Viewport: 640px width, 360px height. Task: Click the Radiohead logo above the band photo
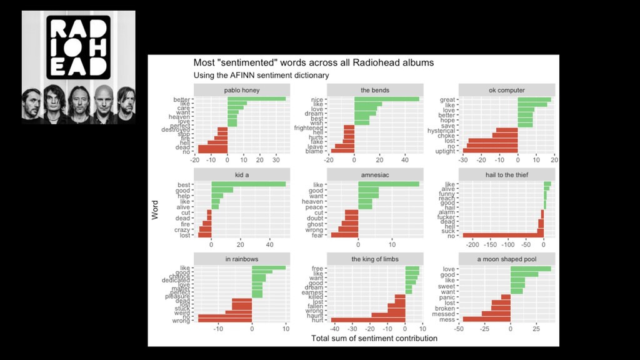[x=78, y=47]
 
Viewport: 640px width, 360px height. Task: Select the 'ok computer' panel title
[x=507, y=90]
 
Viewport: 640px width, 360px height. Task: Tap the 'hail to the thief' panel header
[x=507, y=175]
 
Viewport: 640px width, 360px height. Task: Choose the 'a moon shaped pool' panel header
[x=507, y=259]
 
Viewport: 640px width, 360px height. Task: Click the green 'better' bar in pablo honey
[x=256, y=99]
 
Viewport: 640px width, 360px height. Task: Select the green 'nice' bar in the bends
[x=386, y=99]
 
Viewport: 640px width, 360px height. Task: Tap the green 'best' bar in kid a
[x=248, y=184]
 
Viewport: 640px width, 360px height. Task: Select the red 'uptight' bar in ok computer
[x=490, y=151]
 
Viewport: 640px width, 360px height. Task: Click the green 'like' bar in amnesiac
[x=389, y=184]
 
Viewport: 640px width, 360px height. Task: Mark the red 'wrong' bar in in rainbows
[x=224, y=320]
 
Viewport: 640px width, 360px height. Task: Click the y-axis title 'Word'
[x=155, y=209]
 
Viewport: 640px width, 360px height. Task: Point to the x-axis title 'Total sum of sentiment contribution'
[x=374, y=338]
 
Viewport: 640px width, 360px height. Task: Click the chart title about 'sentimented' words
[x=313, y=62]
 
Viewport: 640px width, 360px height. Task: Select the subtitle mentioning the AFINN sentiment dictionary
[x=261, y=75]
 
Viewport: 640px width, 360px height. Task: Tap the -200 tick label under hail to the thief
[x=472, y=245]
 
